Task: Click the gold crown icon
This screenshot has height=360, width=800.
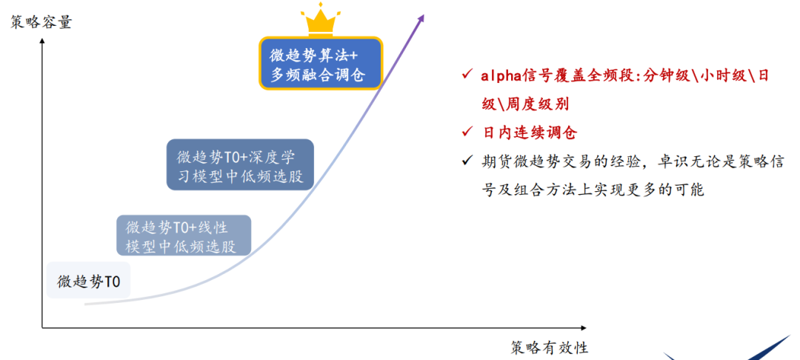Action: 321,19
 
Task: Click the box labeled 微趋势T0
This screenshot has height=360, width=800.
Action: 89,281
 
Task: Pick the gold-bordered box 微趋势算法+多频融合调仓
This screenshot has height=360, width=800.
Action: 320,64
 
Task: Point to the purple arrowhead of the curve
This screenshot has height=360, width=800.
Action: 421,18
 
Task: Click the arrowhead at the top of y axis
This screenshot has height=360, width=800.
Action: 42,42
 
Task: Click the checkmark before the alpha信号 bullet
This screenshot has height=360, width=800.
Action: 465,75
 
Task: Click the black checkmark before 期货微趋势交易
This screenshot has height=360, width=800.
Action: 465,161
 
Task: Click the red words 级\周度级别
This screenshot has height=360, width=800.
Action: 525,104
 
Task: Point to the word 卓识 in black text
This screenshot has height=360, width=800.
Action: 673,161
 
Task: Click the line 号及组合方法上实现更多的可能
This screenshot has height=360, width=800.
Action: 592,190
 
